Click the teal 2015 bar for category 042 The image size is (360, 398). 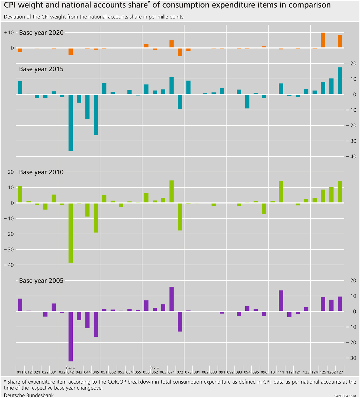point(70,123)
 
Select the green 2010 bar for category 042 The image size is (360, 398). point(70,233)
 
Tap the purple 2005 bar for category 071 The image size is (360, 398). point(172,299)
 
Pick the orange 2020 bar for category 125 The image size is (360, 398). point(323,40)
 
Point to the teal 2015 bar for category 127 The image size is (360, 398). point(340,81)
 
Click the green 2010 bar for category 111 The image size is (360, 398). point(281,192)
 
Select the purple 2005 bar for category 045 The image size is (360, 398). point(96,324)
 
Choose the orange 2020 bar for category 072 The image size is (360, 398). point(180,52)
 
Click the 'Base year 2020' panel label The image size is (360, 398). point(41,33)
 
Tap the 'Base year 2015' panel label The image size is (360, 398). point(41,69)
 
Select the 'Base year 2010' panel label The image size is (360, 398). point(41,172)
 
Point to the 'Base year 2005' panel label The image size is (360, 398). point(41,281)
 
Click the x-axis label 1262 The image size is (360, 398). point(331,372)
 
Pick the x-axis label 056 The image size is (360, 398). point(146,372)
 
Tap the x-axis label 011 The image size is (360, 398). point(20,372)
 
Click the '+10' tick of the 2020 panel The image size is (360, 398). point(9,33)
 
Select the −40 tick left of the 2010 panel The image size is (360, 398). point(9,265)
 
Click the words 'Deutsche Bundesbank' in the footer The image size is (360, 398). point(29,395)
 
